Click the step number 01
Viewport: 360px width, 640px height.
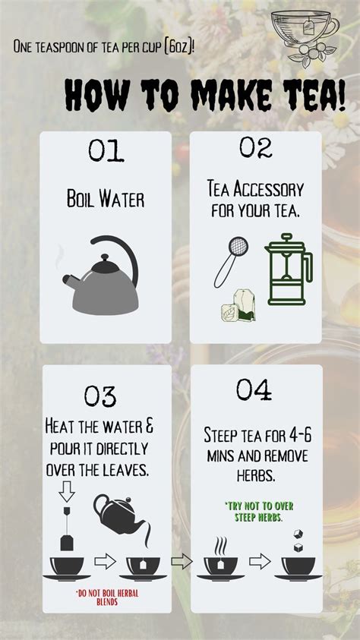coord(106,150)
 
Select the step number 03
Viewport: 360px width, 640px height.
coord(99,396)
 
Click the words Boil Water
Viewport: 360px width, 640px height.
coord(106,200)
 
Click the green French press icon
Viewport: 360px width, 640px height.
coord(287,273)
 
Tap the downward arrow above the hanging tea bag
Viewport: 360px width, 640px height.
coord(67,493)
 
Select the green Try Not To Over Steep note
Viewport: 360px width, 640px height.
coord(253,511)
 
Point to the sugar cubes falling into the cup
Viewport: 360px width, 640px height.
coord(298,541)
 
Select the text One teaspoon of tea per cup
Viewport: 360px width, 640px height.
coord(103,46)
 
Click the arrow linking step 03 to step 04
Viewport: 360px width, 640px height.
coord(182,563)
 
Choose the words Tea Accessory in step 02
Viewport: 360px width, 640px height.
coord(254,188)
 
